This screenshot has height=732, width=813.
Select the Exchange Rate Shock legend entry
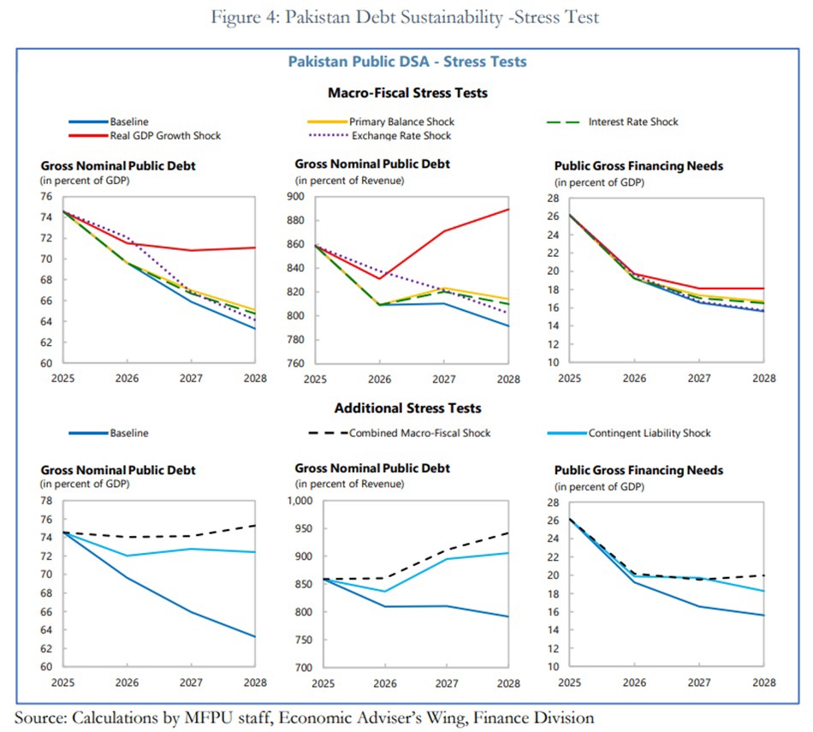pos(400,135)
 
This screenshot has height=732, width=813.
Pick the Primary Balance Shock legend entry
pos(401,122)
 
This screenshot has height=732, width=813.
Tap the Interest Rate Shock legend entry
pos(632,122)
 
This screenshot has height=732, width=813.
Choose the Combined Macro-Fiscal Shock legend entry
pos(419,433)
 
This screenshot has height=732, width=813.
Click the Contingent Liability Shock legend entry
pos(649,433)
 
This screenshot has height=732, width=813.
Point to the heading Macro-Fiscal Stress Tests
pos(407,92)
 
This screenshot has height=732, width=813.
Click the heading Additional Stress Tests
pos(407,408)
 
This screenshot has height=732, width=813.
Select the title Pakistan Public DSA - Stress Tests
pos(406,62)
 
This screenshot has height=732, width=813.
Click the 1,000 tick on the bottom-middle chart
pos(300,501)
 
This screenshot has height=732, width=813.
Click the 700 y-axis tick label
pos(305,667)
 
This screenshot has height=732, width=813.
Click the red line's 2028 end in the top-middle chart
pos(508,209)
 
